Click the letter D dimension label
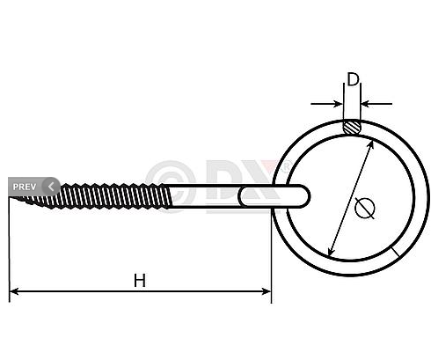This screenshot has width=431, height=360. [x=352, y=80]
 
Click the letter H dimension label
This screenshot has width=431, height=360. [x=140, y=280]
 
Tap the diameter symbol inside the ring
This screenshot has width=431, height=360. [x=365, y=208]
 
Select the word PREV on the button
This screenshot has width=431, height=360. [x=24, y=187]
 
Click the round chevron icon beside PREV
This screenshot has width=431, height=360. [x=50, y=187]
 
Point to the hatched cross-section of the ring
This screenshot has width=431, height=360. [x=352, y=128]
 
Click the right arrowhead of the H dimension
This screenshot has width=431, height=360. [x=266, y=290]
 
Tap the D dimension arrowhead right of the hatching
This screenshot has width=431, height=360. [x=365, y=103]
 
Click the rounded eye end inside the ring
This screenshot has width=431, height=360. [x=300, y=193]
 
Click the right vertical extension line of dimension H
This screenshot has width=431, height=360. [x=272, y=255]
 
